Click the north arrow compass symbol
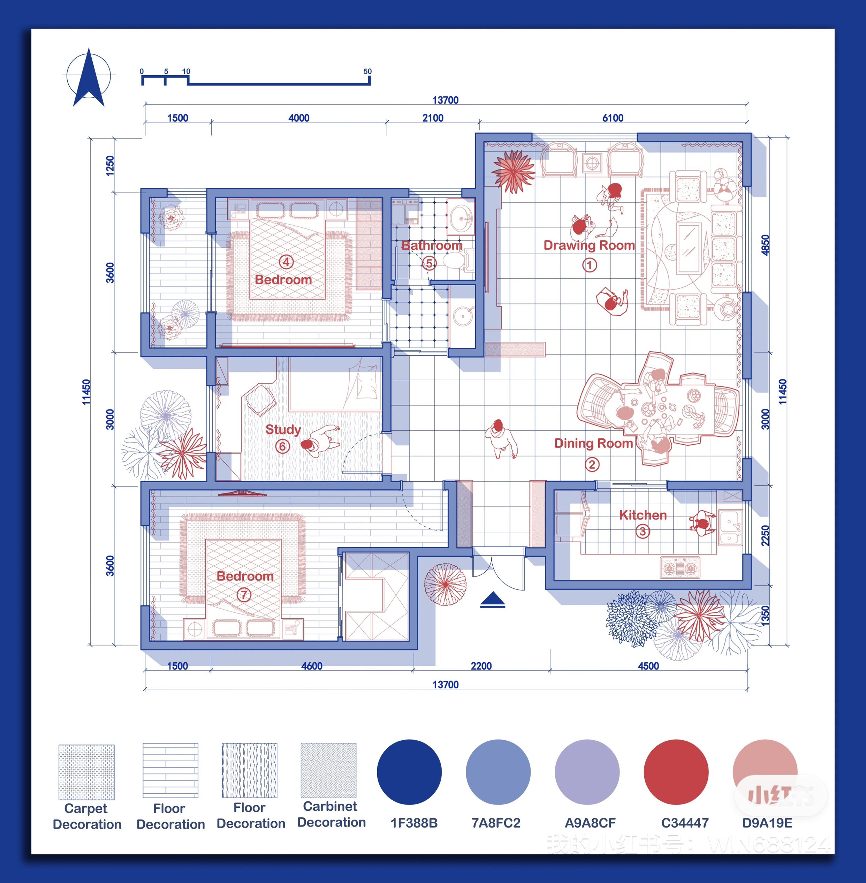pyautogui.click(x=89, y=77)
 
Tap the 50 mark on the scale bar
pyautogui.click(x=367, y=71)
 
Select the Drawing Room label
pyautogui.click(x=589, y=245)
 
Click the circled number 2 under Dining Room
pyautogui.click(x=592, y=465)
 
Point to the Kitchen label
pyautogui.click(x=643, y=515)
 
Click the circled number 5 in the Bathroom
pyautogui.click(x=429, y=263)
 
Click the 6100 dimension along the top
pyautogui.click(x=613, y=118)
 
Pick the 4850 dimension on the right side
pyautogui.click(x=766, y=245)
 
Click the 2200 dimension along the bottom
pyautogui.click(x=481, y=666)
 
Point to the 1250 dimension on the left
pyautogui.click(x=109, y=166)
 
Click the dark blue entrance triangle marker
pyautogui.click(x=493, y=600)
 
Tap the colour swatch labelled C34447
pyautogui.click(x=676, y=772)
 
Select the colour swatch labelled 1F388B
pyautogui.click(x=409, y=772)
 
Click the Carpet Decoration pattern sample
pyautogui.click(x=86, y=772)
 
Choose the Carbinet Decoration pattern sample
pyautogui.click(x=328, y=771)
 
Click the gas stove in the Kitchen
pyautogui.click(x=679, y=568)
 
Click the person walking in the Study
pyautogui.click(x=320, y=440)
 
